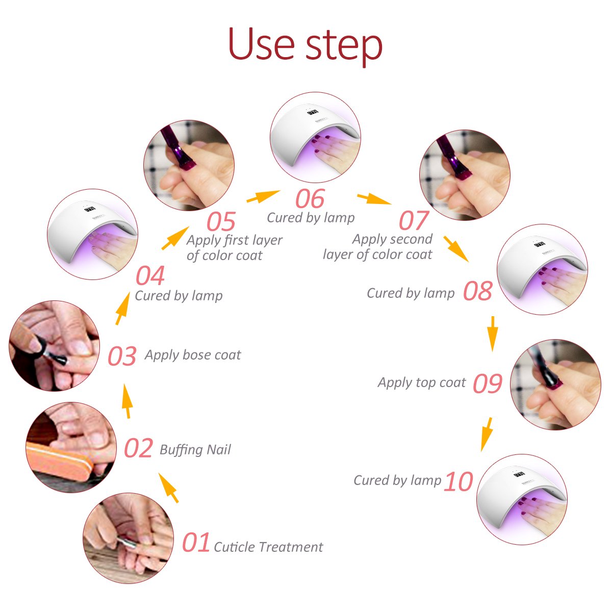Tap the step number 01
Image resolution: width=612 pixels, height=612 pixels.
(196, 543)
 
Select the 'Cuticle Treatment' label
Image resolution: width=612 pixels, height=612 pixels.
(268, 547)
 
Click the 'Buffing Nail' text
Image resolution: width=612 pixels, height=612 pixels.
(195, 449)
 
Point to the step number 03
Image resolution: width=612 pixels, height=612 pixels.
(122, 356)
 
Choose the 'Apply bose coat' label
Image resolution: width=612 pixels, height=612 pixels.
(193, 355)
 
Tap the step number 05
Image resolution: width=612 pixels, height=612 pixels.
(221, 222)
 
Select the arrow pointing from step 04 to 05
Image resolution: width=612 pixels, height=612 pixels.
(175, 238)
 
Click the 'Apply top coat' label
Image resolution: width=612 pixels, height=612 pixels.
(422, 382)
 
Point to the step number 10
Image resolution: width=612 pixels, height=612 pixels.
(458, 482)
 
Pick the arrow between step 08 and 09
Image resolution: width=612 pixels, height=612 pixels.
(492, 333)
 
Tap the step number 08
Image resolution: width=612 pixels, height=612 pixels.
(477, 291)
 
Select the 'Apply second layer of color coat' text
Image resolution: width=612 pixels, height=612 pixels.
(378, 247)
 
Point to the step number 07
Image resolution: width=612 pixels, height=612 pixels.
(413, 221)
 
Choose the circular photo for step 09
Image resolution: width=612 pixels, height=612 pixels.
(555, 385)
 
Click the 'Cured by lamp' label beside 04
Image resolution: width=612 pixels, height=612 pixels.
(178, 295)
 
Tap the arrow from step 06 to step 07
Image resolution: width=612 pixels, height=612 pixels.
(373, 198)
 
